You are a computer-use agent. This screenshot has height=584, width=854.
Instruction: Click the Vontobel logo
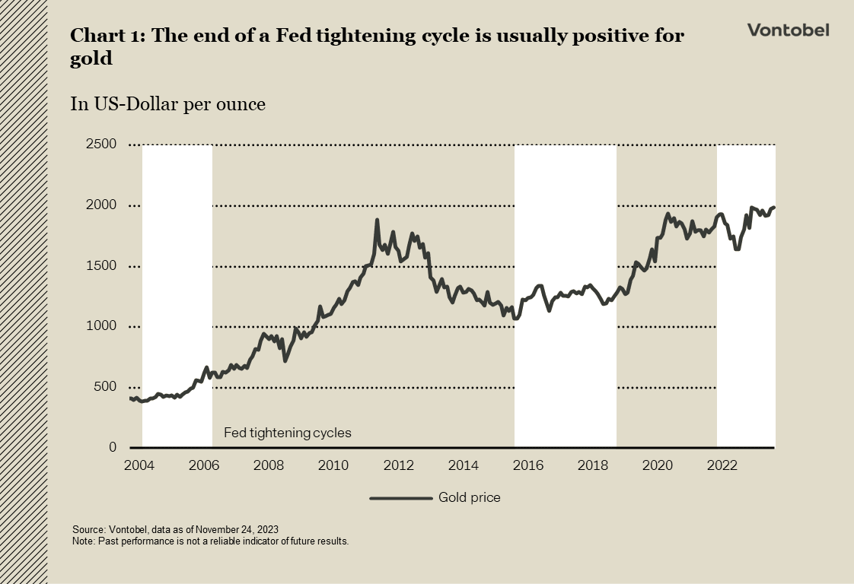tap(788, 30)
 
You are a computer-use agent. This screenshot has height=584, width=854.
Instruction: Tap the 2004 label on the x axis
tap(139, 465)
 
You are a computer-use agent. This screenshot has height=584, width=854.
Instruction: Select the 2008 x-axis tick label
tap(268, 465)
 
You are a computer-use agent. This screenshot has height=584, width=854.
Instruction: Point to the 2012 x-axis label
tap(398, 465)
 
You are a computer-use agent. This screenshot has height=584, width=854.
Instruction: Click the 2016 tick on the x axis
tap(527, 465)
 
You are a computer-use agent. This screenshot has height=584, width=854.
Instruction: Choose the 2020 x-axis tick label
tap(658, 465)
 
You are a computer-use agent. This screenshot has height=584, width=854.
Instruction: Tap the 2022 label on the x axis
tap(722, 465)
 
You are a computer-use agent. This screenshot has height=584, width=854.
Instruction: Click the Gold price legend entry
tap(469, 498)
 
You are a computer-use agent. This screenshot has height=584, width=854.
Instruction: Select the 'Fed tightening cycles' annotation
tap(287, 433)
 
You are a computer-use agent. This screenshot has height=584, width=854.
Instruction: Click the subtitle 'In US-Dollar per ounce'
tap(167, 104)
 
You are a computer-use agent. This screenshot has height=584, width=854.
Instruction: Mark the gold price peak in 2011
tap(377, 221)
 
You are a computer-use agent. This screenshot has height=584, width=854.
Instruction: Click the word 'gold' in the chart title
tap(91, 59)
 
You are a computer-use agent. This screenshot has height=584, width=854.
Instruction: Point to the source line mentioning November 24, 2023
tap(180, 529)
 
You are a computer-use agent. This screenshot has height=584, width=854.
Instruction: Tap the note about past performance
tap(210, 541)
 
